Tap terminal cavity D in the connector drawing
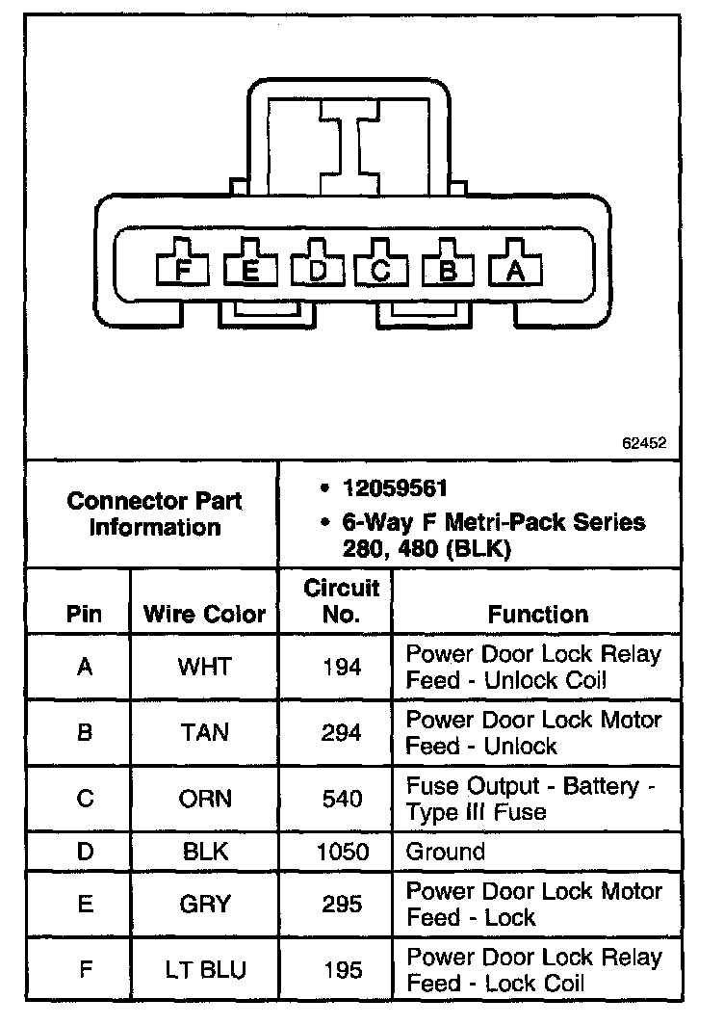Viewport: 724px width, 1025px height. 318,270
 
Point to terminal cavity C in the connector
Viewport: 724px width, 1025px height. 382,270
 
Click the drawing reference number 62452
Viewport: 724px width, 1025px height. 643,444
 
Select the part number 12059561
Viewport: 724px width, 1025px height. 395,488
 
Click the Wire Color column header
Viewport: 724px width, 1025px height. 204,615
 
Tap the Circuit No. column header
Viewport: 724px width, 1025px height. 342,600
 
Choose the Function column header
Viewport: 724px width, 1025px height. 538,614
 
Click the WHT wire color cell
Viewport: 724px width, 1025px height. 203,667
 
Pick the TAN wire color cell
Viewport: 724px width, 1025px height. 204,733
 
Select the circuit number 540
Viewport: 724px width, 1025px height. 342,800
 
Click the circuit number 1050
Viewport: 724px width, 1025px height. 342,852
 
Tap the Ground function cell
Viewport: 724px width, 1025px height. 445,852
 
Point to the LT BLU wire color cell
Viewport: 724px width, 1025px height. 204,969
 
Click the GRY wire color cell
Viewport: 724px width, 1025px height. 204,904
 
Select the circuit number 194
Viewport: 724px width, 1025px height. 342,667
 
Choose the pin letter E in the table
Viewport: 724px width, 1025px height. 85,904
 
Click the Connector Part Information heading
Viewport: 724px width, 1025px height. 155,513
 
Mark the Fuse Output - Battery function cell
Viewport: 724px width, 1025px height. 530,800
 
